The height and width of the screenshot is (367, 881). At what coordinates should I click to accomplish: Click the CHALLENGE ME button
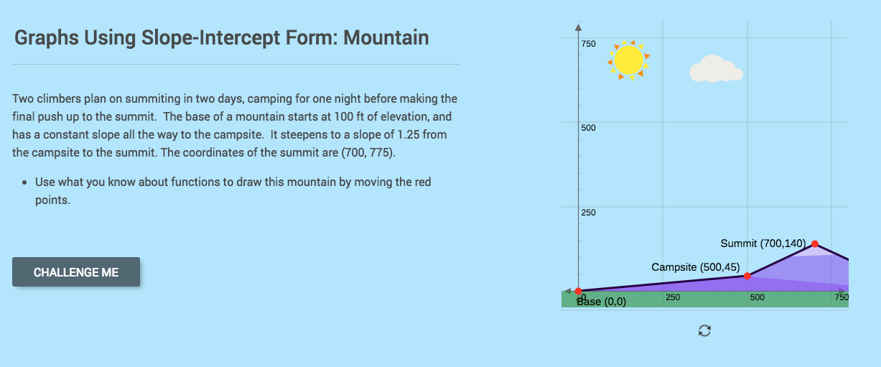[x=76, y=272]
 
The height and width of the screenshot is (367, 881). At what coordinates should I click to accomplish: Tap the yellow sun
[x=629, y=60]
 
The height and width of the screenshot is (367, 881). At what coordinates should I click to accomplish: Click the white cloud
[x=714, y=69]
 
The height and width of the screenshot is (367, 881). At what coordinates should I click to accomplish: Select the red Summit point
[x=815, y=244]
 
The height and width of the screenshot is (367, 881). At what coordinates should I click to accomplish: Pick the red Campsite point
[x=747, y=276]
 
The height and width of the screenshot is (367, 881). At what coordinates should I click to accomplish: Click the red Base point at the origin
[x=579, y=290]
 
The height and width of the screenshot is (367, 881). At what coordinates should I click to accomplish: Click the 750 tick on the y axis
[x=588, y=44]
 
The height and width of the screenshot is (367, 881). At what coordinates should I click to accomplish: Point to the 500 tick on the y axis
[x=588, y=128]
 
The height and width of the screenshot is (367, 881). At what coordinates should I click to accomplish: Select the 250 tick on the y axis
[x=588, y=213]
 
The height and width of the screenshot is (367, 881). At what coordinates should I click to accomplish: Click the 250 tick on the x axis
[x=673, y=297]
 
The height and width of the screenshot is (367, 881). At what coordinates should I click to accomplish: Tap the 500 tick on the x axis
[x=758, y=297]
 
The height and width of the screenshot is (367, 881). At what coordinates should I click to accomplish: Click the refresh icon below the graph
[x=704, y=330]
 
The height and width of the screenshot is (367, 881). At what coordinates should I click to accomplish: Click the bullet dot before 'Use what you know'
[x=25, y=182]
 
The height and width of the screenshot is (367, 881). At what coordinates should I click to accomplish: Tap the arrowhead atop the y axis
[x=578, y=27]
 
